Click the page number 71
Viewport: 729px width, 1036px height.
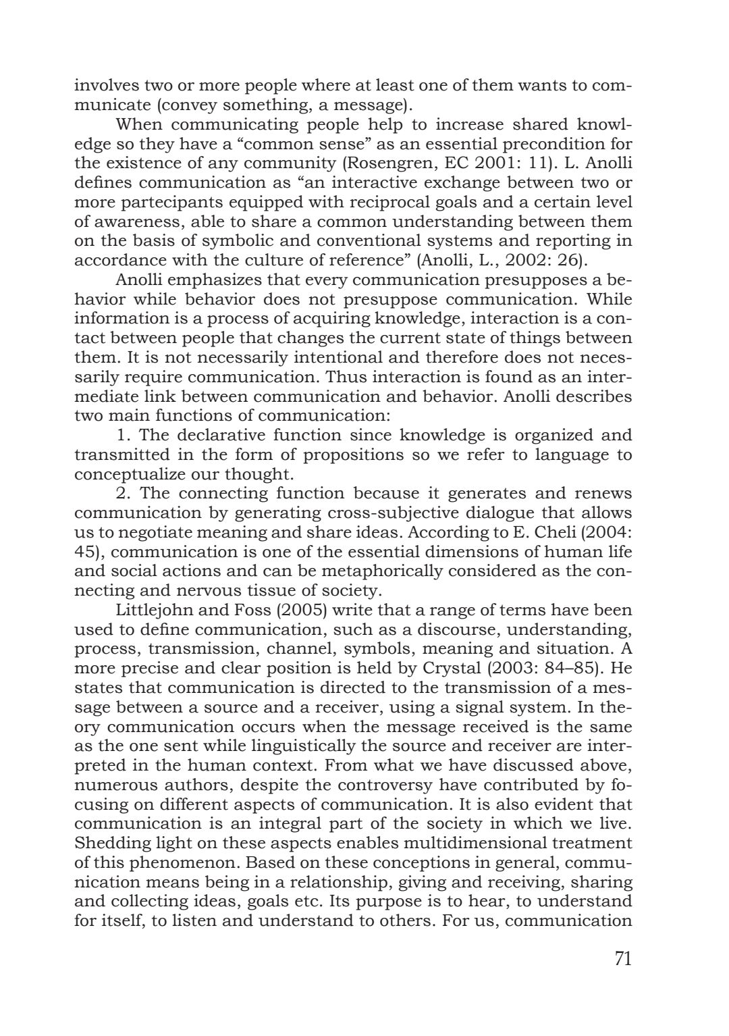click(x=622, y=959)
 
